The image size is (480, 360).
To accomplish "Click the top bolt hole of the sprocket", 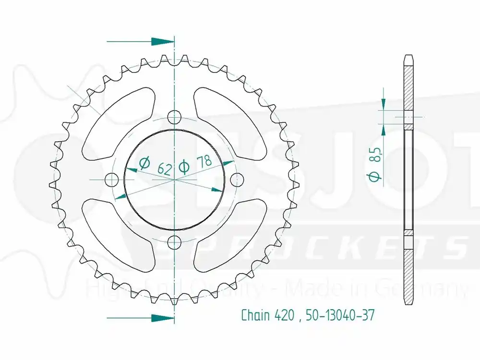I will point(175,118).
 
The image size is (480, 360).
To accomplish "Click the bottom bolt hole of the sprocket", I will point(175,241).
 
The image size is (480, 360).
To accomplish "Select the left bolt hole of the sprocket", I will point(112,180).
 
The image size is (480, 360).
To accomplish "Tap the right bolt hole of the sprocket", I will point(237,180).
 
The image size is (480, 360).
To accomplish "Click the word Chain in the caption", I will point(254,315).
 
